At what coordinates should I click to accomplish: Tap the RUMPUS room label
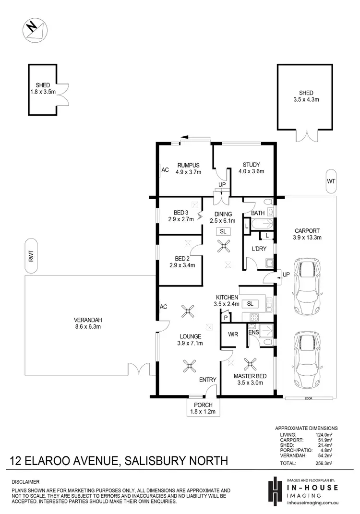(x=187, y=166)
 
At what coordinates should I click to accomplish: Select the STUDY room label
(x=252, y=166)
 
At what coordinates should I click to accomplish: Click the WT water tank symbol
(x=331, y=182)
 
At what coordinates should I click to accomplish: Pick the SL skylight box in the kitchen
(x=250, y=304)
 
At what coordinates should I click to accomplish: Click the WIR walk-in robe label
(x=234, y=334)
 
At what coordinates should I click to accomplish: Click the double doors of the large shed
(x=306, y=136)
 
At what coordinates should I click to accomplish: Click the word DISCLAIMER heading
(x=25, y=481)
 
